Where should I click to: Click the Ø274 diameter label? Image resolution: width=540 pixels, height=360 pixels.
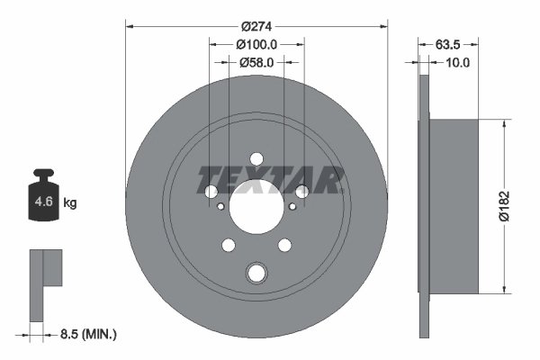pyautogui.click(x=256, y=26)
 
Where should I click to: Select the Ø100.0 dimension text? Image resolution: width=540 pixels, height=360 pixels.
pyautogui.click(x=256, y=44)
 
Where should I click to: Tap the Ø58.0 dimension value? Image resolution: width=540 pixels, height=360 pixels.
pyautogui.click(x=256, y=62)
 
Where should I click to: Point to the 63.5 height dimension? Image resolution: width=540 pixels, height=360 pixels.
pyautogui.click(x=447, y=44)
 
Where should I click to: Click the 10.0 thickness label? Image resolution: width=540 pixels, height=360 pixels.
pyautogui.click(x=458, y=62)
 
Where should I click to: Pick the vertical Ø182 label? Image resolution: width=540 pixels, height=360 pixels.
pyautogui.click(x=504, y=206)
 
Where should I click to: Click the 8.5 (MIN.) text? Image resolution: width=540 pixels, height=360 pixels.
pyautogui.click(x=88, y=334)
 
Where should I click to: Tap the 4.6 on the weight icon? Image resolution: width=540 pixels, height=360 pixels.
pyautogui.click(x=44, y=202)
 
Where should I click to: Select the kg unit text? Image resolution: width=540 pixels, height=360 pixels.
pyautogui.click(x=70, y=202)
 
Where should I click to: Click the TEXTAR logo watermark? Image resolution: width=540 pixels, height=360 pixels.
pyautogui.click(x=270, y=180)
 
